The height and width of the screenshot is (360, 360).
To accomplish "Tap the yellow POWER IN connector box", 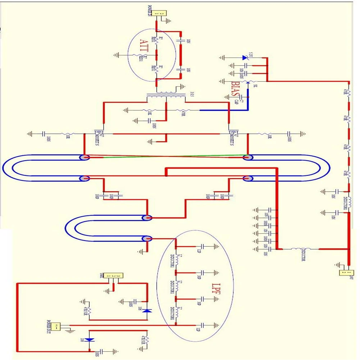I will pyautogui.click(x=159, y=13).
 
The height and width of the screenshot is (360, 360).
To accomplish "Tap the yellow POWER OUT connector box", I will pyautogui.click(x=56, y=327).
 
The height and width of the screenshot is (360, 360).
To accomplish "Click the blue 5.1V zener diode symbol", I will pyautogui.click(x=245, y=57).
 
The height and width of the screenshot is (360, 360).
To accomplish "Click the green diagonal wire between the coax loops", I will pyautogui.click(x=165, y=156).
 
